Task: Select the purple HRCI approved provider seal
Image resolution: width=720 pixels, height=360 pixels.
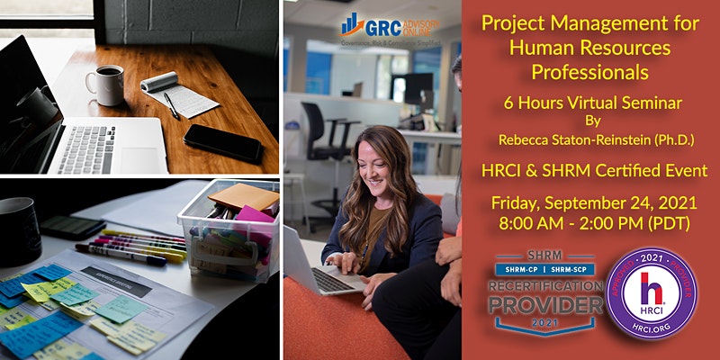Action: click(651, 293)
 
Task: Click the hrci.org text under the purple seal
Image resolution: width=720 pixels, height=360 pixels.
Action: click(651, 344)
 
